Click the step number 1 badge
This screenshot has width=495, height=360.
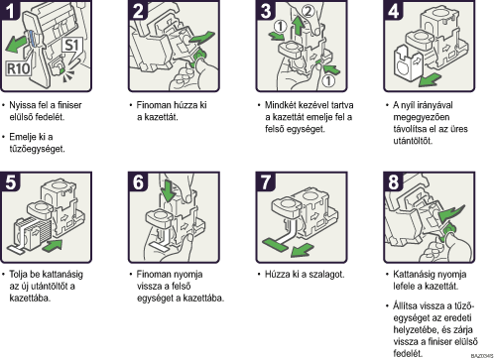click(x=11, y=10)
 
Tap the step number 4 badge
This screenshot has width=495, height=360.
click(x=394, y=10)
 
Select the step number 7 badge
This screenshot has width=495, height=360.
click(x=266, y=181)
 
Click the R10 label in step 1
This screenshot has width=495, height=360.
click(x=19, y=68)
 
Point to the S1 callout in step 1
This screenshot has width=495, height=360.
click(x=72, y=47)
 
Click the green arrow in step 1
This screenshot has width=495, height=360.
click(x=16, y=45)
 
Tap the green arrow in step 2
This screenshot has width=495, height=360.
click(x=201, y=38)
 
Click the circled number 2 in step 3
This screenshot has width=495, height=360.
click(x=309, y=11)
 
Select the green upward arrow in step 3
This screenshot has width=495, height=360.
click(x=299, y=26)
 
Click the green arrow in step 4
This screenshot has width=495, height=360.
click(x=430, y=80)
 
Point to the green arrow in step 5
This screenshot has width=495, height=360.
click(x=52, y=246)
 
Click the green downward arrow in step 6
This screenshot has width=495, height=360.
click(x=169, y=190)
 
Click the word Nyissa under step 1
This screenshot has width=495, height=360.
click(x=23, y=105)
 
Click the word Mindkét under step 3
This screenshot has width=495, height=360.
click(x=280, y=105)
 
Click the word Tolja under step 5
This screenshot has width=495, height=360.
click(x=18, y=275)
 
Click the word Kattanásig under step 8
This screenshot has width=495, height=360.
click(x=415, y=275)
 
